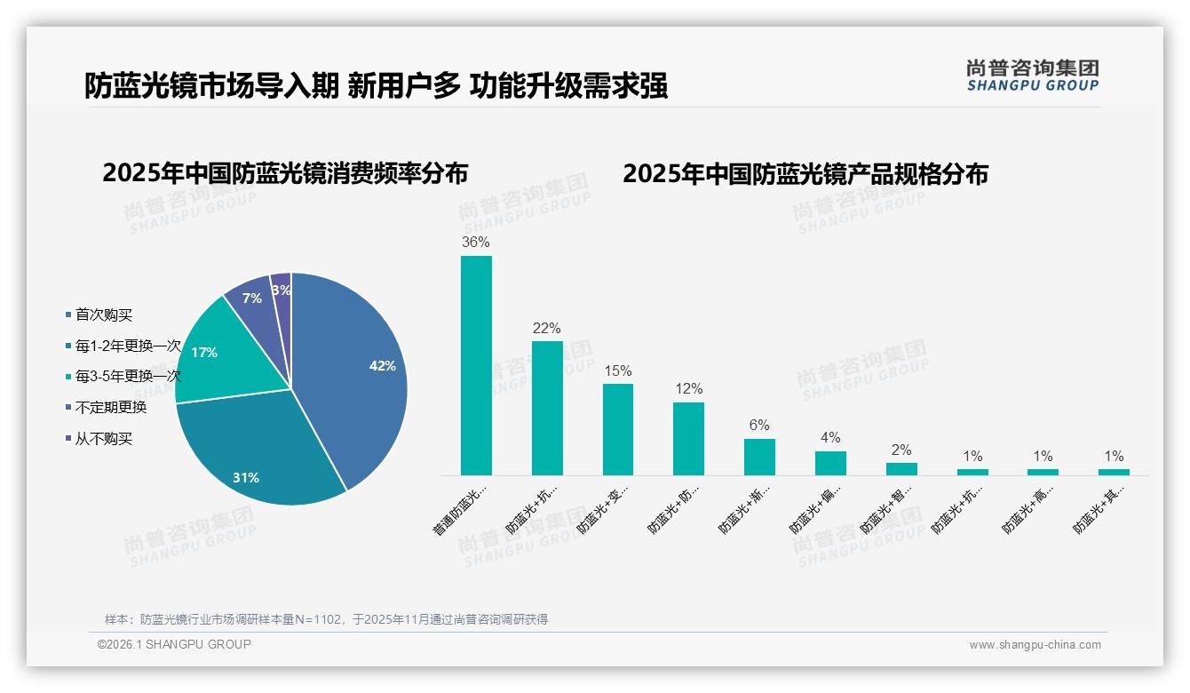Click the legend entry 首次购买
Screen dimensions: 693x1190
[x=104, y=315]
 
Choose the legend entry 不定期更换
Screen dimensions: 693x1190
[x=111, y=408]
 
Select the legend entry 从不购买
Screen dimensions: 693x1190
[x=104, y=439]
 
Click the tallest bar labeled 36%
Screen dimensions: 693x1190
[x=476, y=365]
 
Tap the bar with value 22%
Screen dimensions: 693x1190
[x=547, y=408]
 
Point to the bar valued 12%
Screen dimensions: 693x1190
[x=688, y=439]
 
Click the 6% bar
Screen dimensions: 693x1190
[x=759, y=457]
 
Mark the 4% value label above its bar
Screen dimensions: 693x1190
[x=830, y=437]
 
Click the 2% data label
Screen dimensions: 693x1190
[x=901, y=450]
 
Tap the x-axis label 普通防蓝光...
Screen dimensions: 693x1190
[x=462, y=510]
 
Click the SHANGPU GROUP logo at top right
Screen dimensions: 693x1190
[x=1032, y=76]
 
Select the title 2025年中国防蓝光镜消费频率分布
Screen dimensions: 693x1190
[x=285, y=172]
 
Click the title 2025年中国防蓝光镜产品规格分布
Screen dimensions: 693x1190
[x=805, y=173]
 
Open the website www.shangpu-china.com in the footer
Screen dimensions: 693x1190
[x=1035, y=645]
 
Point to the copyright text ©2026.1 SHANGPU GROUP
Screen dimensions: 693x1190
[x=174, y=644]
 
